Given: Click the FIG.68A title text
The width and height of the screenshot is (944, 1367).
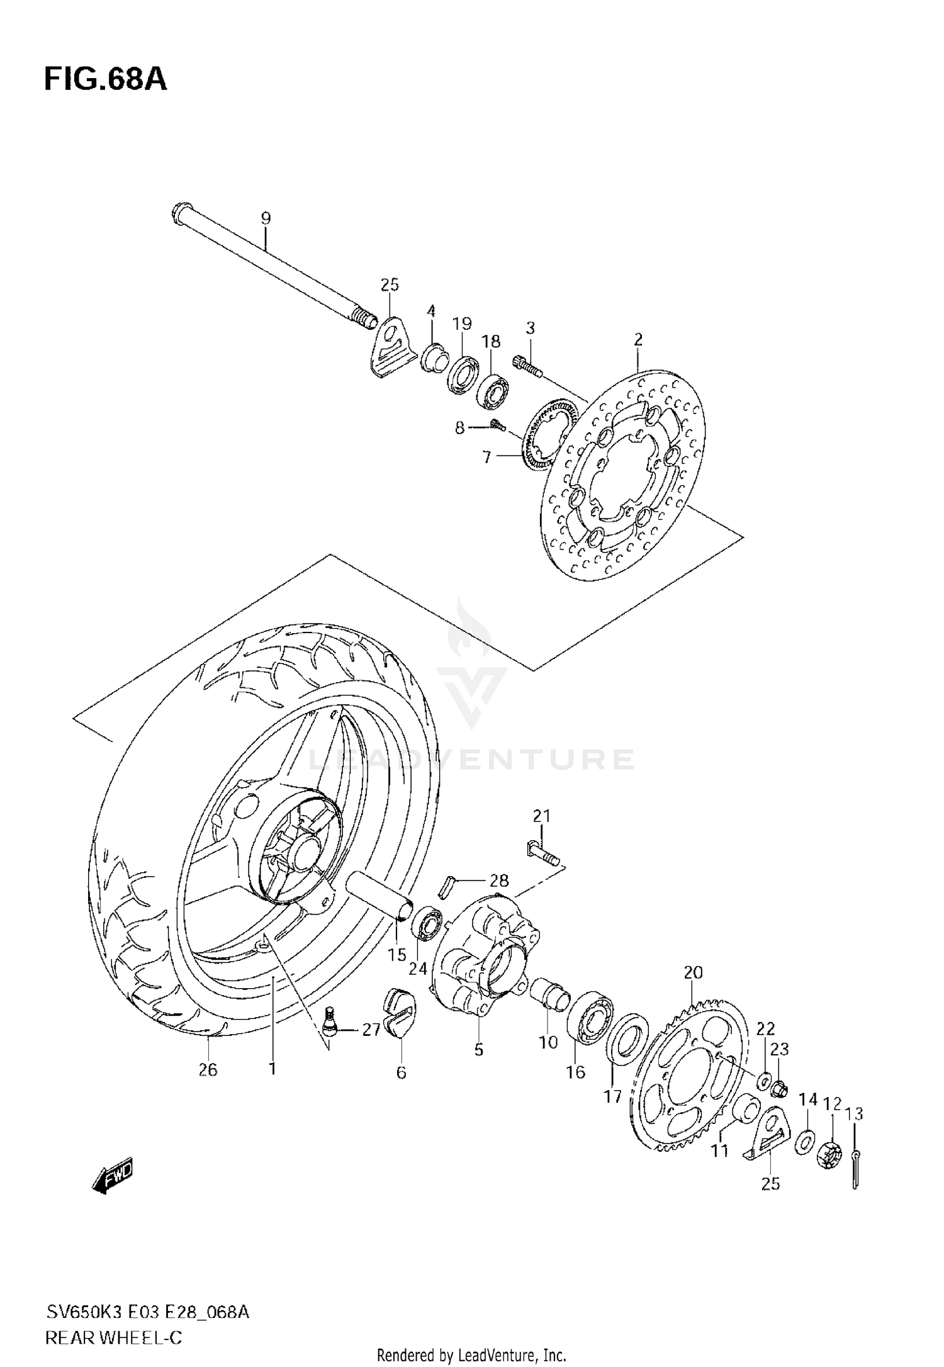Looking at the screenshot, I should coord(105,80).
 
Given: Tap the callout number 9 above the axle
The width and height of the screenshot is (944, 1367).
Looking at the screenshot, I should coord(266,218).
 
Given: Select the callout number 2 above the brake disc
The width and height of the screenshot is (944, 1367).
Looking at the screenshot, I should coord(638,340).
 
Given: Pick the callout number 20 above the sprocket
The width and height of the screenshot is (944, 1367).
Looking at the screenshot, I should coord(693,972).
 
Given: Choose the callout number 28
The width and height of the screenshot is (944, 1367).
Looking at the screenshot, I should coord(499,880).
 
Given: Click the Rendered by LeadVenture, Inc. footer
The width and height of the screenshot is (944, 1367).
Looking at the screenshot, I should coord(471,1355).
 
